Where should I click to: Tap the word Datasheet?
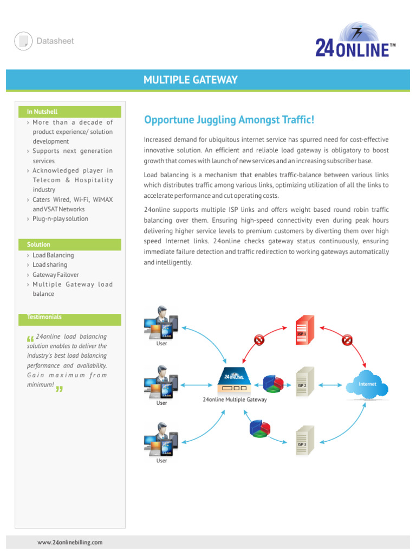click(x=55, y=41)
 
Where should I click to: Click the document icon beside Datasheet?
click(x=23, y=41)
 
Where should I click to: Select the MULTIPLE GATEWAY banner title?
click(x=190, y=80)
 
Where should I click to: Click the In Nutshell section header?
click(x=42, y=112)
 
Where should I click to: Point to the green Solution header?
click(x=38, y=244)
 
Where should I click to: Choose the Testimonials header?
click(x=44, y=317)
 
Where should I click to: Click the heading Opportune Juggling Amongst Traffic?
click(x=229, y=119)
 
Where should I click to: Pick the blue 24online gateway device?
click(x=234, y=381)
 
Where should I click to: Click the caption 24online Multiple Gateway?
click(x=234, y=400)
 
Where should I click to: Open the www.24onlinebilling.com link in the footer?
click(x=70, y=542)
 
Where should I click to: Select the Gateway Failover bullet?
click(x=55, y=275)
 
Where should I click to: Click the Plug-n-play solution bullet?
click(x=60, y=219)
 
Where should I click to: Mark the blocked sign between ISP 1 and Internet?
click(x=347, y=340)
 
